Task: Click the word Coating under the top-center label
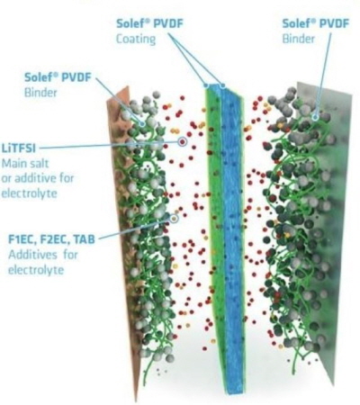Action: (136, 39)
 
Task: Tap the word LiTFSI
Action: (19, 148)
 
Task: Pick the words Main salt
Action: (25, 164)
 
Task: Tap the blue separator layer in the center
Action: (232, 240)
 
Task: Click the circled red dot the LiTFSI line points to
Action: (182, 142)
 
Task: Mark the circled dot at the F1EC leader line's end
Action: (174, 219)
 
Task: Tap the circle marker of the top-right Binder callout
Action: (315, 117)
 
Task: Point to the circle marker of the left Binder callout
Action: (142, 123)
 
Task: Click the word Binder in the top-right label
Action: (298, 39)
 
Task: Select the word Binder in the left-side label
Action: (40, 93)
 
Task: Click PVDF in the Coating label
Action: (167, 23)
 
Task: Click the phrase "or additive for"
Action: (38, 178)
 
